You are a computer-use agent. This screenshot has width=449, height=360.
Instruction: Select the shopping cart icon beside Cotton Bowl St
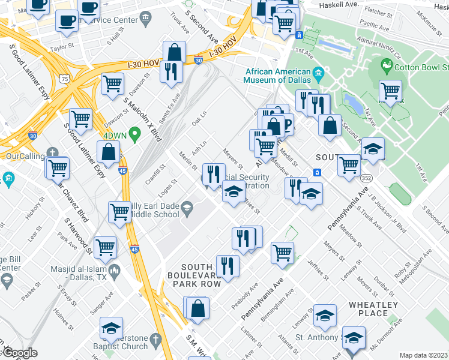391,91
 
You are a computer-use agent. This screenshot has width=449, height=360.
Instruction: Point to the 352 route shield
365,178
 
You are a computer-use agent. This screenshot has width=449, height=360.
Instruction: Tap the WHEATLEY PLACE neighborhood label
373,309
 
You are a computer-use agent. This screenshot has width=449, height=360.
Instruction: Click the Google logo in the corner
20,353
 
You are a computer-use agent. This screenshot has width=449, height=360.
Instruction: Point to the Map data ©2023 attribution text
423,355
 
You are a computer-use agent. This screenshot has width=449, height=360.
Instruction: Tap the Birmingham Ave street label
281,304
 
